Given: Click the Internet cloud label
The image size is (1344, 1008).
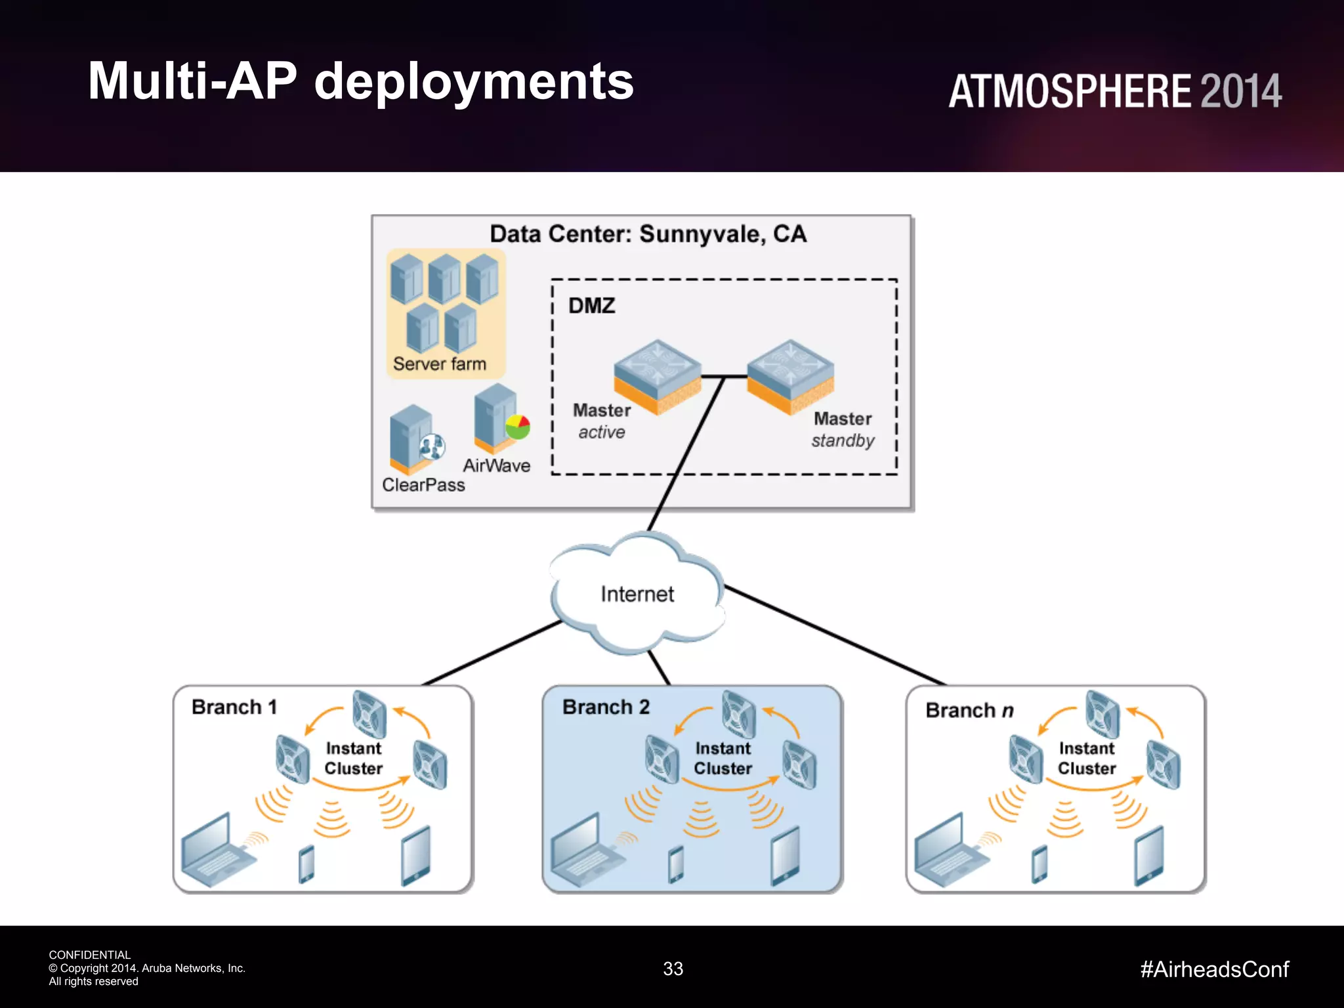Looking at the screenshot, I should tap(637, 594).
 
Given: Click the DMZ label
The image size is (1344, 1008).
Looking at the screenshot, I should tap(591, 306).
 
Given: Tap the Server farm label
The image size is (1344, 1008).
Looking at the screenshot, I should tap(439, 364).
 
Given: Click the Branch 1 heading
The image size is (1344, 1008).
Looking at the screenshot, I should tap(234, 707).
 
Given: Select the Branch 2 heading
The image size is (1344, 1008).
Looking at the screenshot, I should tap(605, 707).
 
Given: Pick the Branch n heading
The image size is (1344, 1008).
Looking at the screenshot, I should tap(969, 710).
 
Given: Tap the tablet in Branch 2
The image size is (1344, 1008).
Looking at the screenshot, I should tap(785, 856).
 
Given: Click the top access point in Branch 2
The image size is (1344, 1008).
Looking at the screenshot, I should tap(738, 714).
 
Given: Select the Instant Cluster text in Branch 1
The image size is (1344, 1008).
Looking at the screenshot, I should tap(353, 758).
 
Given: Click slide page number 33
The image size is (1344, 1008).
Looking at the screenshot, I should tap(673, 969).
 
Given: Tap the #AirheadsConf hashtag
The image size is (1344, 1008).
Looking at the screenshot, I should tap(1214, 969).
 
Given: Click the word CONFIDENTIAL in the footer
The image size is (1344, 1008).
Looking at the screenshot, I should tap(89, 955).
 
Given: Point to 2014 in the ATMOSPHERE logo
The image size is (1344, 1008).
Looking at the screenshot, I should tap(1240, 91).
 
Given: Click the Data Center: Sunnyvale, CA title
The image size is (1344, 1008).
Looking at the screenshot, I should tap(648, 234).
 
